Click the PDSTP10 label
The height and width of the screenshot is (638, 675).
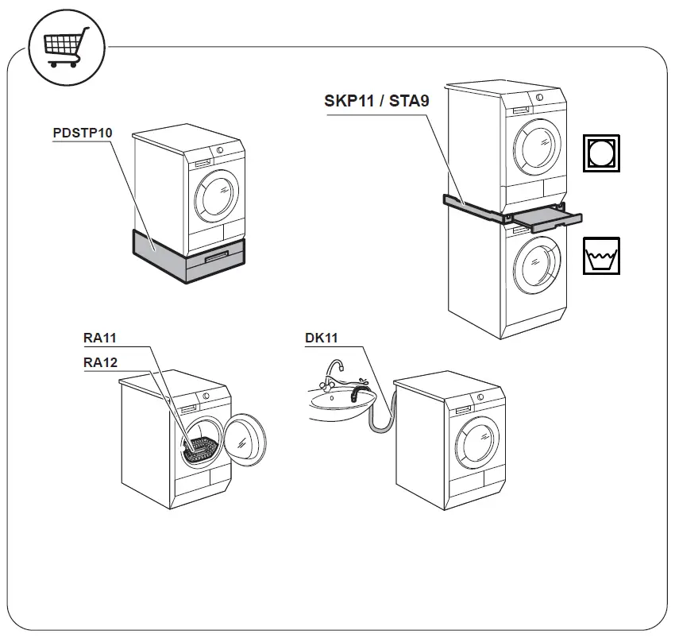[x=82, y=133]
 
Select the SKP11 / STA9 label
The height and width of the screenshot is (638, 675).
[x=376, y=101]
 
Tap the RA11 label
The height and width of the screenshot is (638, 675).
[x=100, y=338]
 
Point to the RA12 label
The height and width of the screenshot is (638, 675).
[x=100, y=362]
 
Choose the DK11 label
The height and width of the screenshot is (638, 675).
[x=322, y=338]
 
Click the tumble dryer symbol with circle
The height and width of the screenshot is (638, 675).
[x=601, y=153]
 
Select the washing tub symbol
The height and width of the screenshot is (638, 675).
[x=601, y=256]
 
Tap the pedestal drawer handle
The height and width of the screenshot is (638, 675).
[x=217, y=258]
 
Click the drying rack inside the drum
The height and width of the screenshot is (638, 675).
[x=200, y=449]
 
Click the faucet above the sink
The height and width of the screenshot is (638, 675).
[x=335, y=370]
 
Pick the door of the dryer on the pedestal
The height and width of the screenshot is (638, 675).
[x=217, y=194]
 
